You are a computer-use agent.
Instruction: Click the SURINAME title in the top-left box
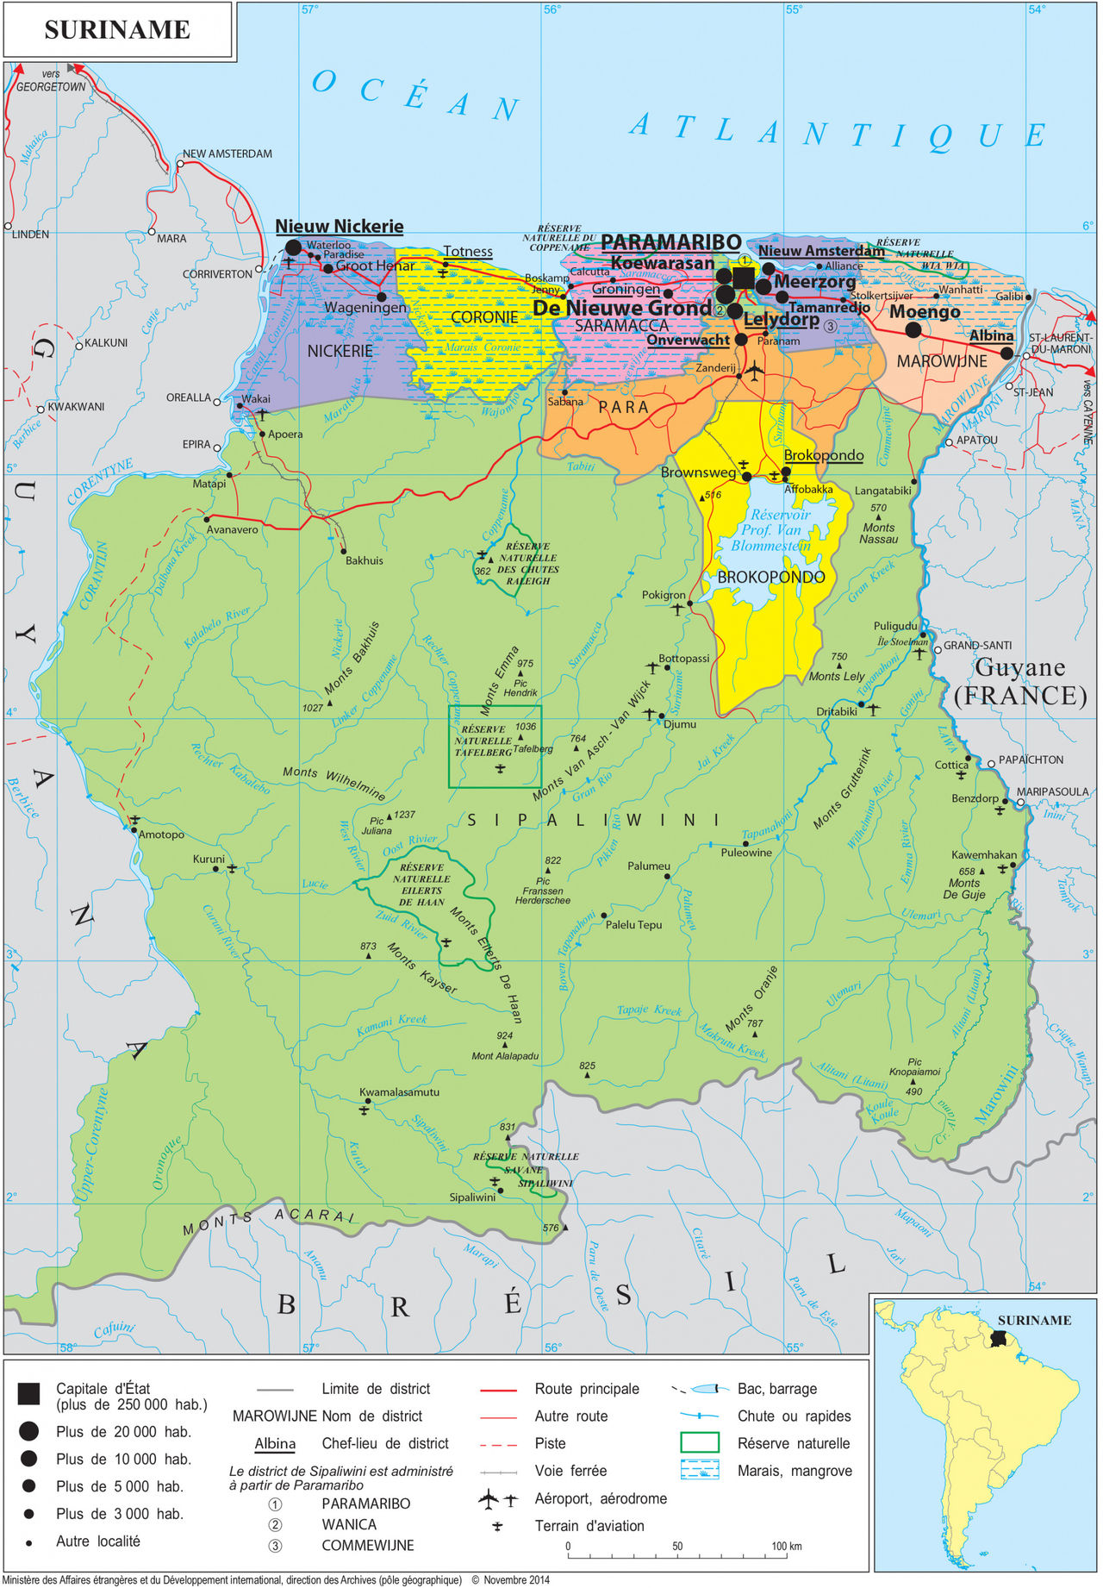tap(116, 29)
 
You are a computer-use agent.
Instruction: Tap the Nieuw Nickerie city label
tap(339, 227)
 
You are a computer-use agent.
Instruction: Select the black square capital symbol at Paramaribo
tap(743, 278)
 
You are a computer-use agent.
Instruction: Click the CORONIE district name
tap(484, 317)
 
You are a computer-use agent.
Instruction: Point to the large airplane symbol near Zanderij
tap(754, 372)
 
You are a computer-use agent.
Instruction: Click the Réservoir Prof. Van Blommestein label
tap(771, 530)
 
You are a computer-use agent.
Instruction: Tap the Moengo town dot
tap(913, 329)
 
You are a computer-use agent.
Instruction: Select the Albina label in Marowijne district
tap(990, 335)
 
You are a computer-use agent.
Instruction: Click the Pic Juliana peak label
tap(377, 826)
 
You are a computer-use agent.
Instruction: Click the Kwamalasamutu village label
tap(399, 1091)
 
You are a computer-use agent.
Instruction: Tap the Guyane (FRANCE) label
tap(1019, 681)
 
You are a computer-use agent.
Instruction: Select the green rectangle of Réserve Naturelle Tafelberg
tap(495, 747)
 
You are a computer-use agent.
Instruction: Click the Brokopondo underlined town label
tap(823, 455)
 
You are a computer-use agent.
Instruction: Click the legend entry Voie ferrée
tap(570, 1471)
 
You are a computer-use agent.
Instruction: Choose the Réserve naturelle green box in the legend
tap(699, 1442)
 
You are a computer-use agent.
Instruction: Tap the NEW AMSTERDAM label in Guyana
tap(227, 153)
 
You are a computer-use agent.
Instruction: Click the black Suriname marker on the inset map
tap(999, 1340)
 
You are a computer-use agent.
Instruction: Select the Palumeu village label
tap(648, 866)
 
